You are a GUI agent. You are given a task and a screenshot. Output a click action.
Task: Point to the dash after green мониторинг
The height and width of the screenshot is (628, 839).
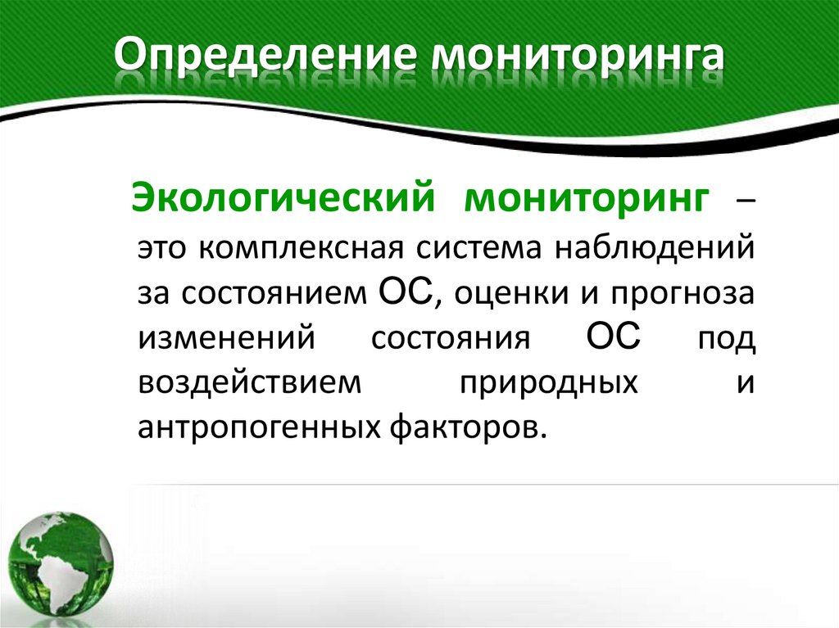click(742, 203)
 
